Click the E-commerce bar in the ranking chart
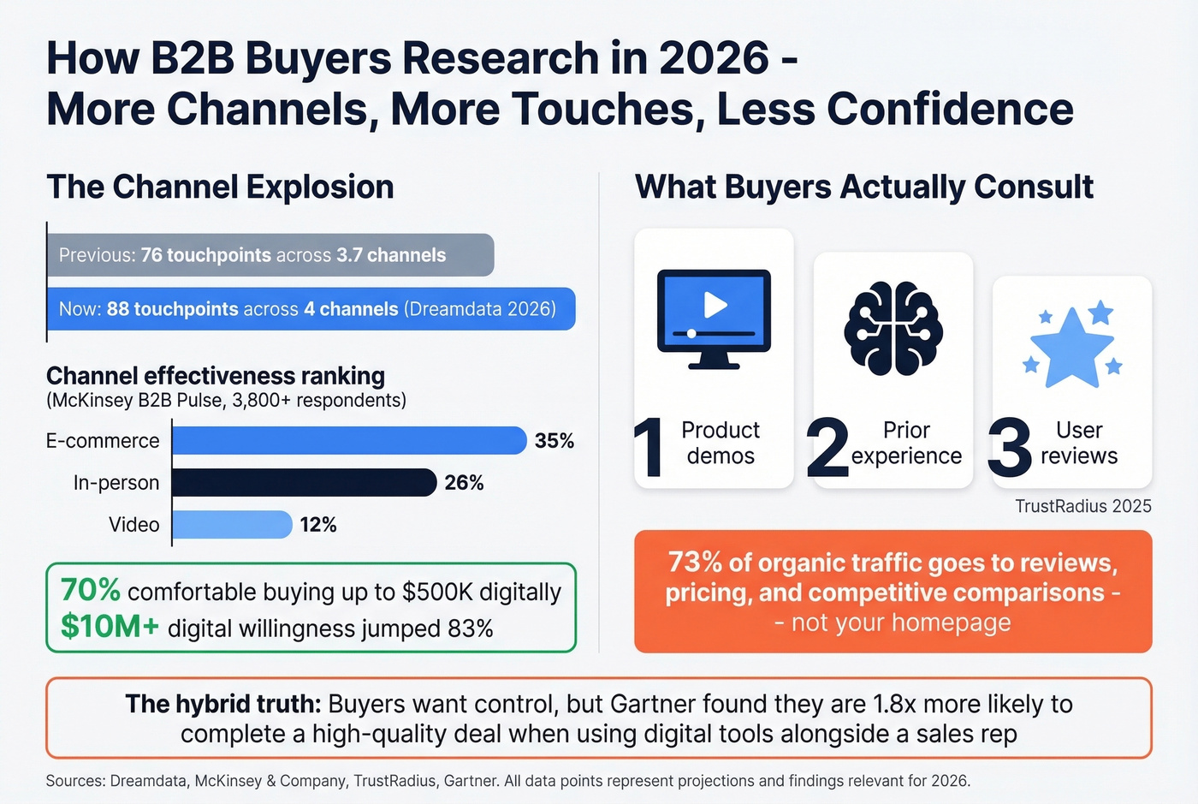point(349,440)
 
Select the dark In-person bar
point(304,482)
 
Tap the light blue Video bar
point(232,524)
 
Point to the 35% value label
point(554,441)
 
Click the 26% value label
point(464,483)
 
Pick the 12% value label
point(317,525)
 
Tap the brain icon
point(893,329)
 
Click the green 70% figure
point(90,590)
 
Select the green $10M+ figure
point(110,627)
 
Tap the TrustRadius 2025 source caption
point(1082,506)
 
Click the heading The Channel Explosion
point(220,187)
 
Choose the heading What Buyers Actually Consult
point(863,187)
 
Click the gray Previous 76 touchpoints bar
point(270,255)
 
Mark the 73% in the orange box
point(695,563)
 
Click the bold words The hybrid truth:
point(222,704)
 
